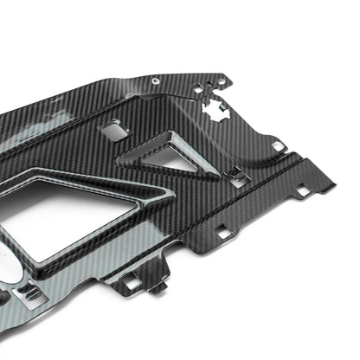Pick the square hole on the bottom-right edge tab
point(227,231)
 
